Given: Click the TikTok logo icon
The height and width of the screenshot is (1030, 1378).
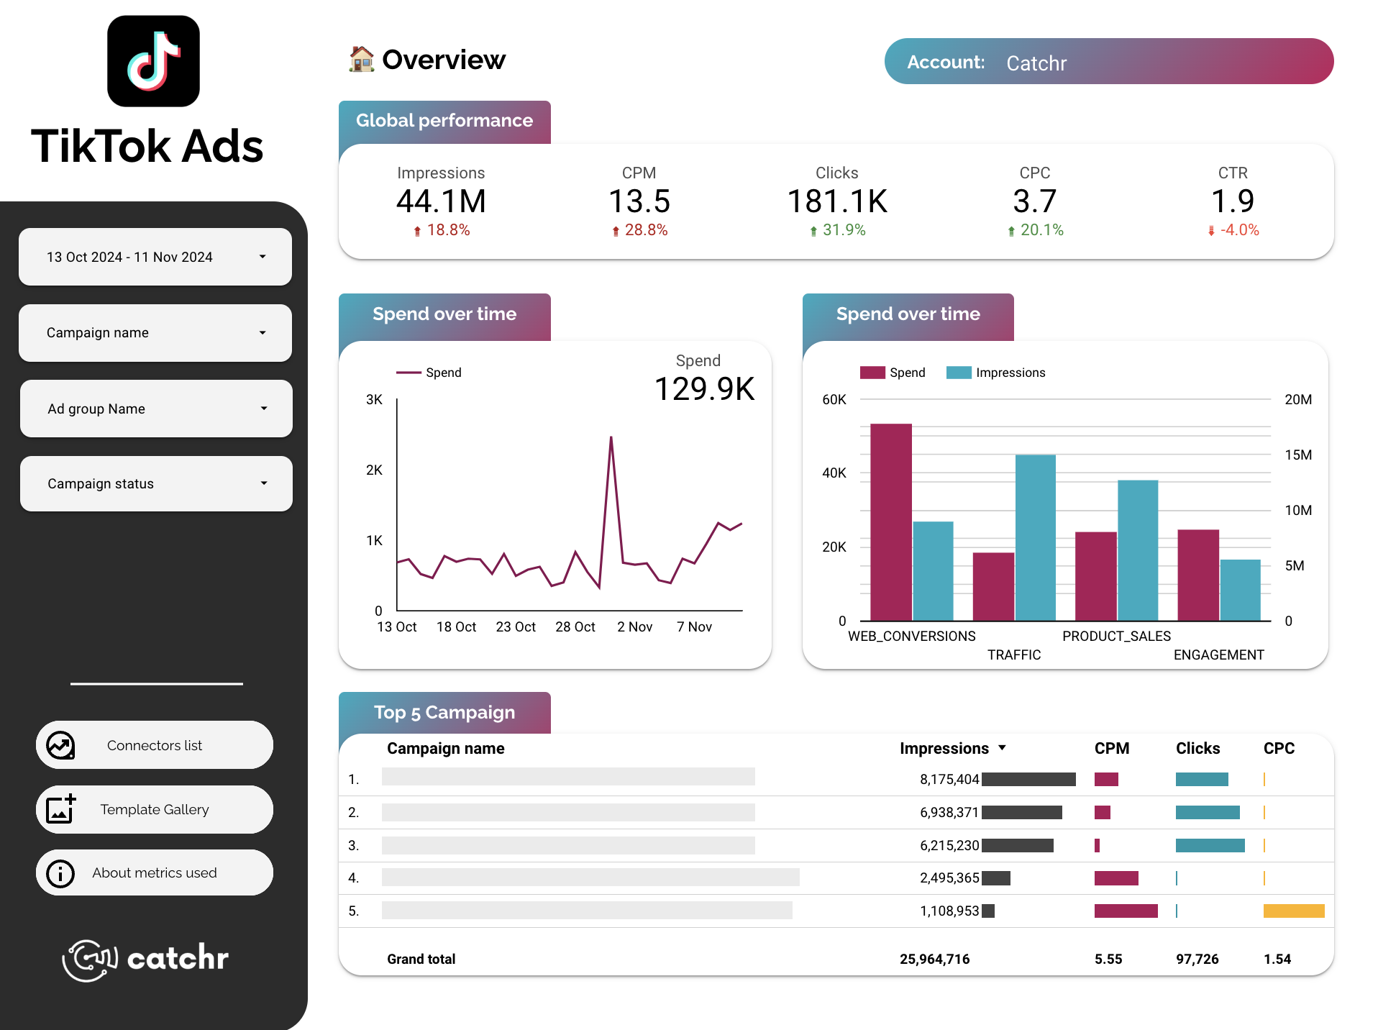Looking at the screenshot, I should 153,61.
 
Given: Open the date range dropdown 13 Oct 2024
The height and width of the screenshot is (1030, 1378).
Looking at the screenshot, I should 155,257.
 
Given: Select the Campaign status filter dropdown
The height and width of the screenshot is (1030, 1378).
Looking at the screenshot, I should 156,483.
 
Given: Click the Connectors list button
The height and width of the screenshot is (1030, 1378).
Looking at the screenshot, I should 155,745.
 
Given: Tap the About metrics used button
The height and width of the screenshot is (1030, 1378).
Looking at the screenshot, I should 155,872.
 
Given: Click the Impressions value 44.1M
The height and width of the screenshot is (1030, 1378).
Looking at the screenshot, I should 441,201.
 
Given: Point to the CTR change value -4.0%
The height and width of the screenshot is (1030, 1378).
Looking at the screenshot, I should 1238,230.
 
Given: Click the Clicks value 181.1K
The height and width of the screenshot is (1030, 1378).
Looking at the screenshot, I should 837,201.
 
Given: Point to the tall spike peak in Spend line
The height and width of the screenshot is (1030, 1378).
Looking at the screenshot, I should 611,438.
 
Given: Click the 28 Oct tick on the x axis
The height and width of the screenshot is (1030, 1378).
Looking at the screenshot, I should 575,626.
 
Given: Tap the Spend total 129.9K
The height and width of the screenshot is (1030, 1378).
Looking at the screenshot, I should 704,389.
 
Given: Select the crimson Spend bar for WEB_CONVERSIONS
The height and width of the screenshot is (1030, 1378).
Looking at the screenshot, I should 890,521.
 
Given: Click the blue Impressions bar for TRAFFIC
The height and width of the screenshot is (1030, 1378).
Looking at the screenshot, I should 1035,537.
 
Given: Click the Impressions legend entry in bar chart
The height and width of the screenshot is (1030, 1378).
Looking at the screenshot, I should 996,373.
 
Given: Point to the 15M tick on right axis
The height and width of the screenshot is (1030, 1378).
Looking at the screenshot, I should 1297,455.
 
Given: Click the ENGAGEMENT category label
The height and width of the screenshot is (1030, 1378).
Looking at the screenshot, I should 1218,655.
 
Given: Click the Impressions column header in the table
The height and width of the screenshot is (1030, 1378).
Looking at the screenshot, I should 944,748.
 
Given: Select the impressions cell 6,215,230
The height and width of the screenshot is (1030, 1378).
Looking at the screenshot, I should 949,845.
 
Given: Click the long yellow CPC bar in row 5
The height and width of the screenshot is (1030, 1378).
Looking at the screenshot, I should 1293,911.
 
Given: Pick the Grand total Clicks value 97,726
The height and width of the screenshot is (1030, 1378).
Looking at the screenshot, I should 1197,959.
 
